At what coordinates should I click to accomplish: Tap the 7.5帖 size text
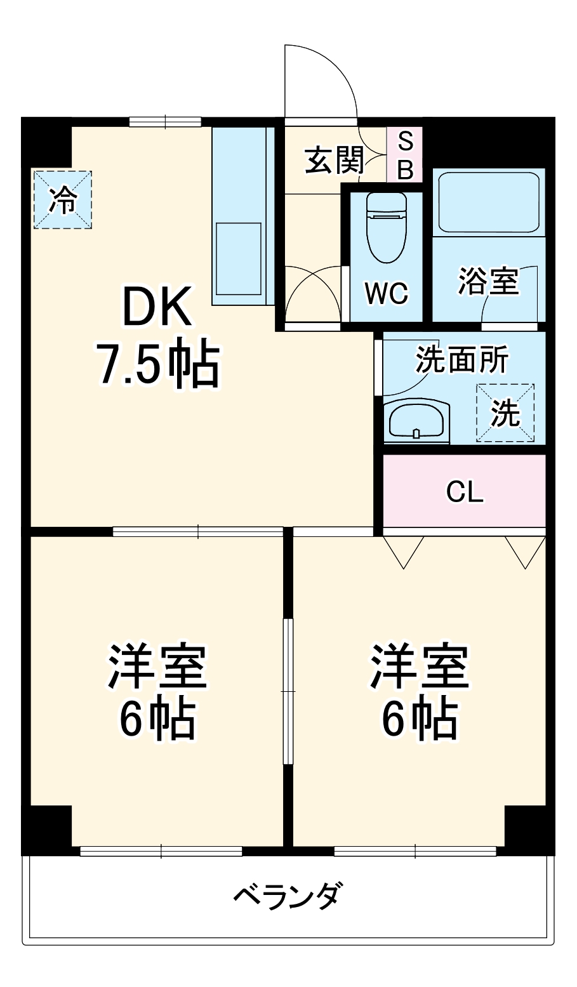(157, 366)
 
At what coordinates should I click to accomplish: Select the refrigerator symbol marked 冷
(63, 199)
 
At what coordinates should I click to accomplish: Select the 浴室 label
(489, 281)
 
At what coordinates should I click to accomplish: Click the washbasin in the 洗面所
(416, 421)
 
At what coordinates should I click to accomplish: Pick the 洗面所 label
(461, 361)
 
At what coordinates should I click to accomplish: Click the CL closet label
(465, 492)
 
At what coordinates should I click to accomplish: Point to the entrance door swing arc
(336, 70)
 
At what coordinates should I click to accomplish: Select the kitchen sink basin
(238, 258)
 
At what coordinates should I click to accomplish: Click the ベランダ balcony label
(288, 896)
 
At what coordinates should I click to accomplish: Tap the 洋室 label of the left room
(157, 667)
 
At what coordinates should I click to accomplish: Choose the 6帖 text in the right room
(419, 720)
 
